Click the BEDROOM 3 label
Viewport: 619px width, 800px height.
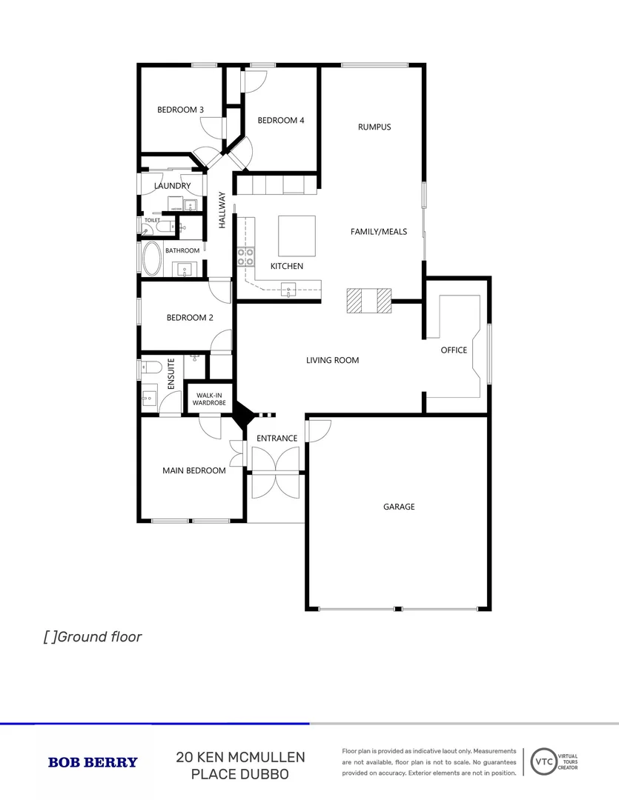point(180,110)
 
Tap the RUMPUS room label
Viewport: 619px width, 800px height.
point(374,127)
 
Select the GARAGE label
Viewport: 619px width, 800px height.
point(399,507)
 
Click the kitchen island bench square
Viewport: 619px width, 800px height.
point(297,235)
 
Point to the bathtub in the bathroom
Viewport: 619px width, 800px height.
point(153,259)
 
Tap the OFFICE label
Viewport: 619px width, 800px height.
point(454,350)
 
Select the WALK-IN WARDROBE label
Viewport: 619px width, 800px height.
point(209,399)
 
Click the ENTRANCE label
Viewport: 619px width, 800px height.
point(277,438)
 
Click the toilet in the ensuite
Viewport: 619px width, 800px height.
point(151,367)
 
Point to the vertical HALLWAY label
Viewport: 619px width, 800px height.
point(222,210)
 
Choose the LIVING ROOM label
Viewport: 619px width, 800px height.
point(332,360)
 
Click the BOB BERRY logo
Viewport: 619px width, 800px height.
point(93,762)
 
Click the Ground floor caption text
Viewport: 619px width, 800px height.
point(92,636)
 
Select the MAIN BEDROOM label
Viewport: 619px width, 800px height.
point(194,470)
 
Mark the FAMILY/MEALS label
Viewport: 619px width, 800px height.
point(379,232)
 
